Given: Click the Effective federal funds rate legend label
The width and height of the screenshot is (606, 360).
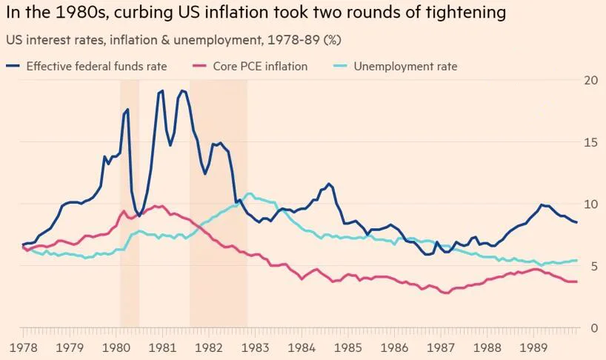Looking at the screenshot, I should (96, 66).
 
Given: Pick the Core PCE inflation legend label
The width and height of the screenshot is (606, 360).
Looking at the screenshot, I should (259, 66).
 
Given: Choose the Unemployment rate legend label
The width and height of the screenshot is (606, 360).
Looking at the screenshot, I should (405, 66).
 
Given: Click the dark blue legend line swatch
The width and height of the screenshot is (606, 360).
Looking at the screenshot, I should (13, 66).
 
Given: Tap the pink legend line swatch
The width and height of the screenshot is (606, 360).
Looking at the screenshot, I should (201, 66).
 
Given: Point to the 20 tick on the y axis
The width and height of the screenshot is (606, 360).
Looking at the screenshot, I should (590, 80).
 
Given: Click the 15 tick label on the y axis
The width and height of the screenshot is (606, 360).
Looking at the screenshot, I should (590, 142).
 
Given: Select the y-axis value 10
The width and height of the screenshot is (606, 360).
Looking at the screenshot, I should (590, 204).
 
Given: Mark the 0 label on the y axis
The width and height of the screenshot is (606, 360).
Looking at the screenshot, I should (593, 328).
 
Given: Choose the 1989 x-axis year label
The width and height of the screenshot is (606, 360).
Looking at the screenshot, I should (534, 347).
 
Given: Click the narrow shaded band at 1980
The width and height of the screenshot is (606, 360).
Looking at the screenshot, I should (130, 200).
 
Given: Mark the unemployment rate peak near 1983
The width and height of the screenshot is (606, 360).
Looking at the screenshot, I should (249, 193).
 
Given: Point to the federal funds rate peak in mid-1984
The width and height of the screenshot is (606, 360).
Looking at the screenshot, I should (329, 184).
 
